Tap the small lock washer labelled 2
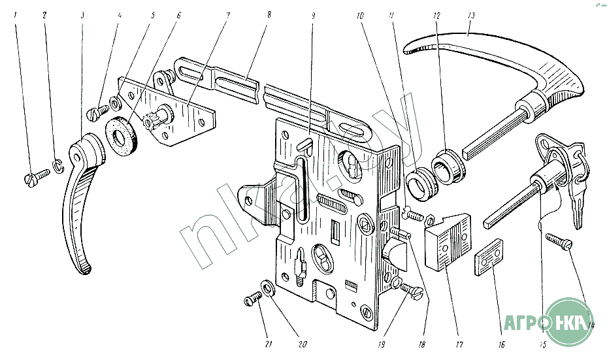pos(57,167)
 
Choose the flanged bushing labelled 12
pos(450,166)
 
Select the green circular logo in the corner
pos(571,321)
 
